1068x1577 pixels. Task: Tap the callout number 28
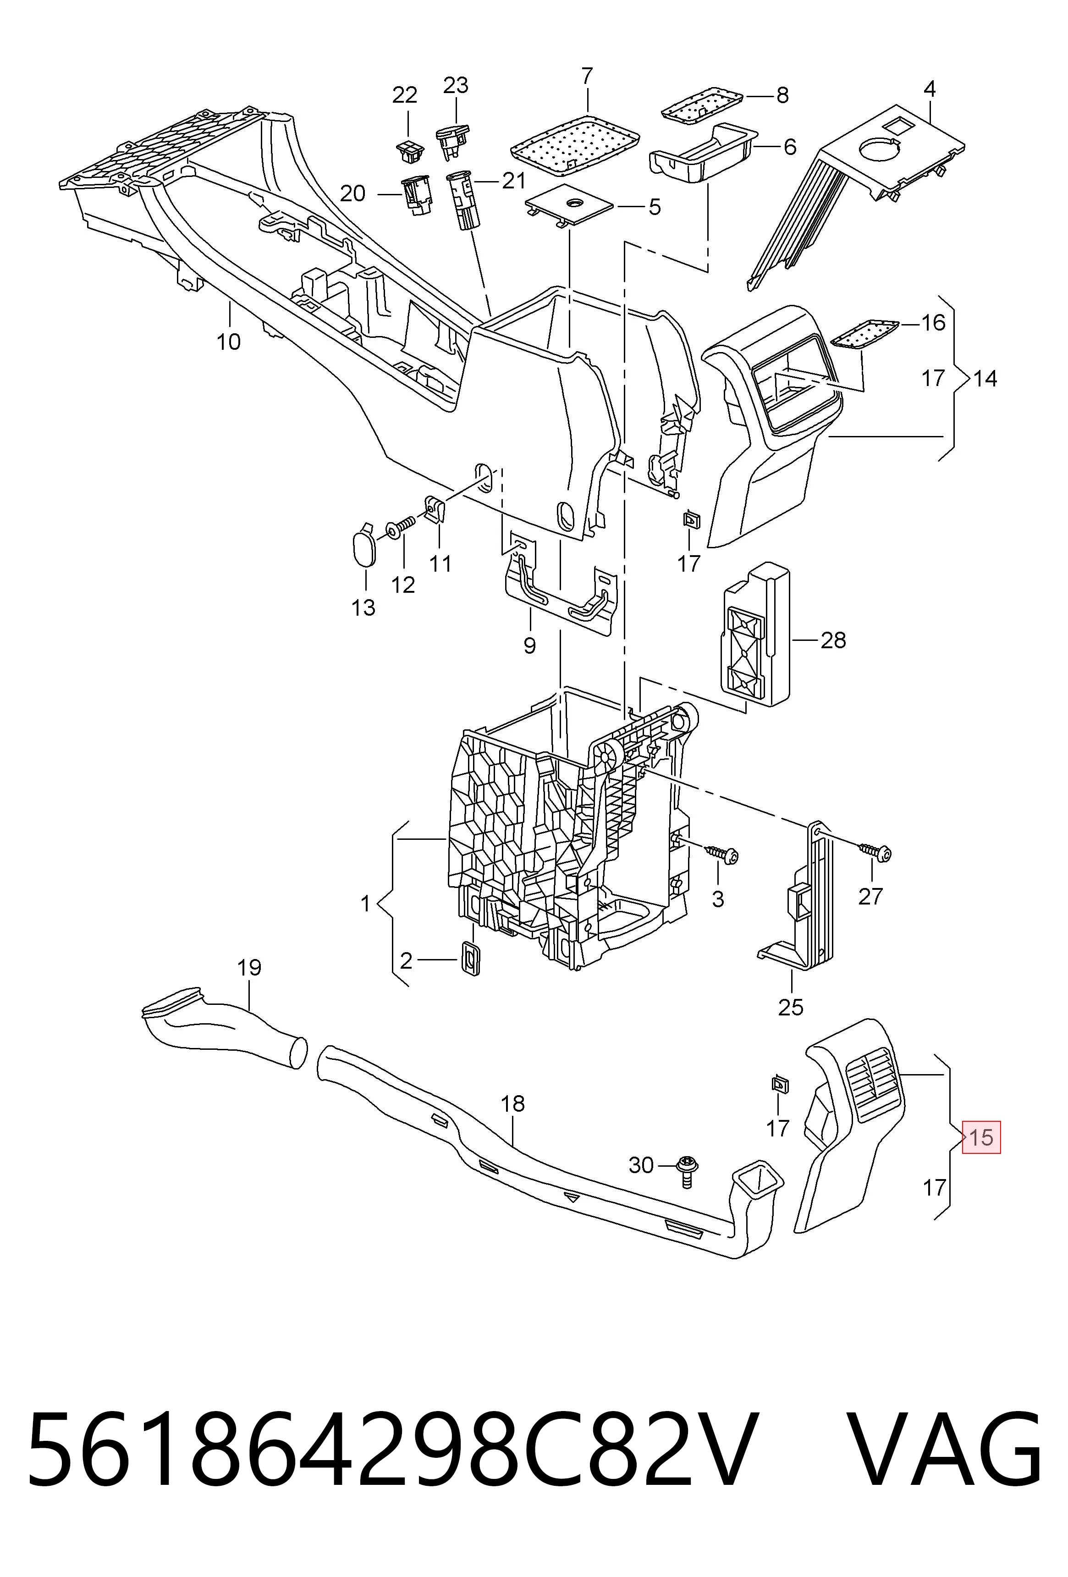point(833,640)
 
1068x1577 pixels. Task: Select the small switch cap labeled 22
point(408,151)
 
